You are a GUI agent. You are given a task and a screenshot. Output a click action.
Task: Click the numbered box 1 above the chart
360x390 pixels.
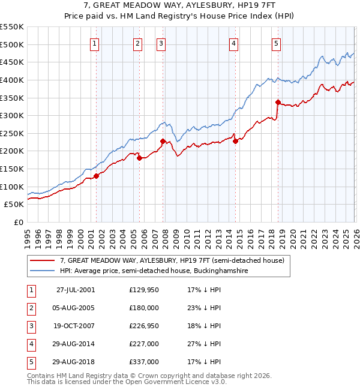(95, 43)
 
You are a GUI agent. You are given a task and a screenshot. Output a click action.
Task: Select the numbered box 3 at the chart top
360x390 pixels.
(161, 43)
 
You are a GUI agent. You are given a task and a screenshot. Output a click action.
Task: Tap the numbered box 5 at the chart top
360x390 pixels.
(276, 43)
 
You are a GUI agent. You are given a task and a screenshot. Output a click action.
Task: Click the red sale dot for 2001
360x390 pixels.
(97, 176)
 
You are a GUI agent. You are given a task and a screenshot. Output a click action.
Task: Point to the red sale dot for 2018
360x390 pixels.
(278, 102)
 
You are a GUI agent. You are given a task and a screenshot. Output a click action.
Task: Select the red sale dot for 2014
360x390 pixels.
(235, 141)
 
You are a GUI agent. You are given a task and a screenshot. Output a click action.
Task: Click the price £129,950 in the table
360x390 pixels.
(144, 290)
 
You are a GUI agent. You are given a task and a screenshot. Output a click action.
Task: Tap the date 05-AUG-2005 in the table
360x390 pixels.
(76, 308)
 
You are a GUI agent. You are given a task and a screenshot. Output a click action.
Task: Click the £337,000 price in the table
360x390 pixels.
(144, 362)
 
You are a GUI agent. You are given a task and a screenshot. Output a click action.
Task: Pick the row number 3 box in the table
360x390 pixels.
(30, 326)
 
